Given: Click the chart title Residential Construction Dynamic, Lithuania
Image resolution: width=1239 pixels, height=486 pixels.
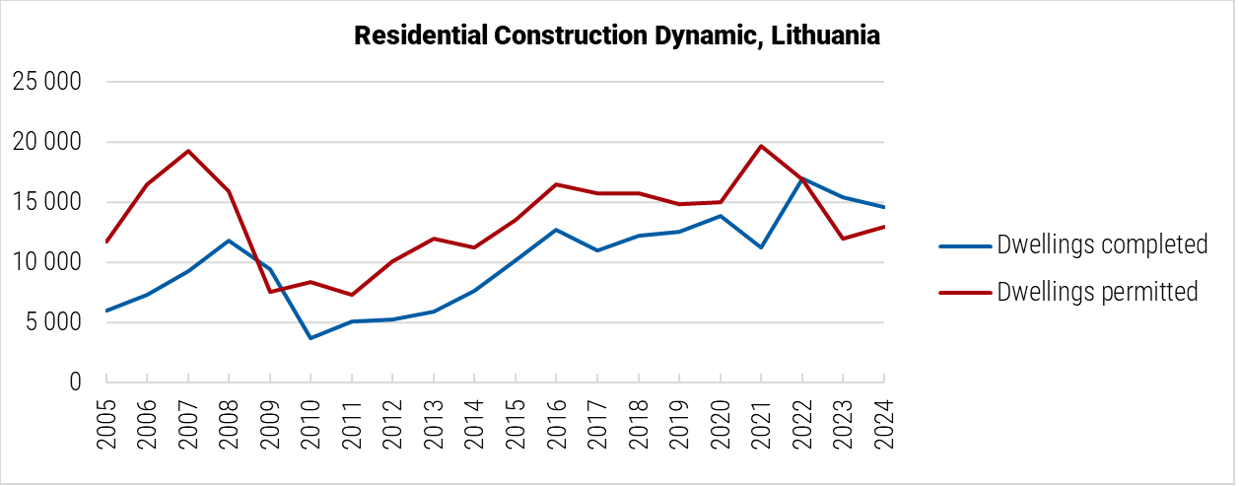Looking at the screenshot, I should [x=616, y=35].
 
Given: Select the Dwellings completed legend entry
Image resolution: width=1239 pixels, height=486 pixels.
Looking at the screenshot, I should [x=1102, y=244].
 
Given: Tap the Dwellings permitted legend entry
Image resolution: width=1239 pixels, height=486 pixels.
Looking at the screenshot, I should [x=1097, y=292].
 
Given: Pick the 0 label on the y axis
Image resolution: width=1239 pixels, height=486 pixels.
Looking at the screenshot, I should [x=74, y=382].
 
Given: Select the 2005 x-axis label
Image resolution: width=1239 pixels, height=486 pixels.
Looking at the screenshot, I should [x=105, y=425].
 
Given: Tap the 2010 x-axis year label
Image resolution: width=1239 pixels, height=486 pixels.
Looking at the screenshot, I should [x=310, y=425].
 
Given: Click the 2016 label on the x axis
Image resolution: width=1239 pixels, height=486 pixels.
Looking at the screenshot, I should [x=556, y=425].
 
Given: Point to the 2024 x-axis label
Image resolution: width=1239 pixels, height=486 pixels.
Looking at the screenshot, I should [x=884, y=425].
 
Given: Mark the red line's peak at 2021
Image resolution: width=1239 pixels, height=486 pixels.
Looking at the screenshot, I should [x=761, y=146].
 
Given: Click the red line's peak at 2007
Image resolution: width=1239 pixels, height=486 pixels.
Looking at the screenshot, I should [x=187, y=151].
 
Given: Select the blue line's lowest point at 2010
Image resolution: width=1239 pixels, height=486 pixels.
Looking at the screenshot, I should [x=310, y=338].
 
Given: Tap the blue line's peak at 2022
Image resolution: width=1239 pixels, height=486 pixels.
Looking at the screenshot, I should [x=801, y=178].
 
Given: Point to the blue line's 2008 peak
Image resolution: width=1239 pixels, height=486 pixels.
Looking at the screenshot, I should [x=229, y=241].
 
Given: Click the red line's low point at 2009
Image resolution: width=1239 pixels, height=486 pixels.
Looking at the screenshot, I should [x=269, y=292].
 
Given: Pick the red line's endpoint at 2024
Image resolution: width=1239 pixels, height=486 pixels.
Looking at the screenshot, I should [x=884, y=226].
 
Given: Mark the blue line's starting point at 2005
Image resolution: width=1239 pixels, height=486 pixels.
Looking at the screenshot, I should [x=105, y=311].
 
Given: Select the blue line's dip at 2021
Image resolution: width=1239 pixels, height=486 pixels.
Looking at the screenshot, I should [x=761, y=247].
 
